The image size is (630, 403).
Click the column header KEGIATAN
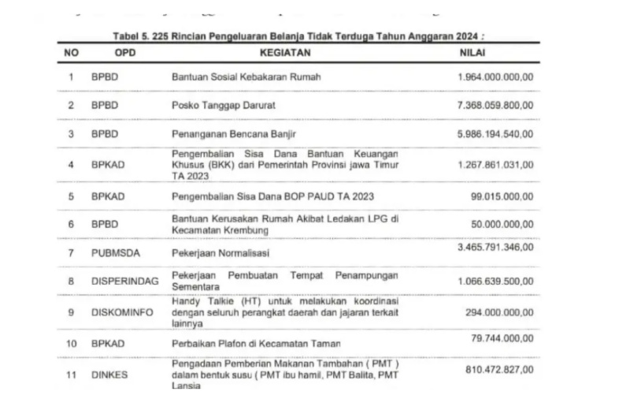[x=286, y=53]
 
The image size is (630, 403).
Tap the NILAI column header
[x=472, y=53]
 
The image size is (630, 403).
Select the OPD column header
[x=127, y=53]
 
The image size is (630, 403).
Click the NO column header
[x=71, y=53]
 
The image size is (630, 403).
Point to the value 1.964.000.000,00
[x=495, y=77]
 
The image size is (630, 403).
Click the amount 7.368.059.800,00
[x=495, y=106]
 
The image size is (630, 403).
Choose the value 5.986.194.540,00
[x=495, y=134]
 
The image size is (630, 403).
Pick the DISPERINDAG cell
[x=124, y=280]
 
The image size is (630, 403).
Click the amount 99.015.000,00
[x=502, y=196]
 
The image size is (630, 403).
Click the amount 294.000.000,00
[x=499, y=312]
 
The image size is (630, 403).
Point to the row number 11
[x=71, y=375]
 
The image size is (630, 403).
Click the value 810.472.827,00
[x=499, y=368]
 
